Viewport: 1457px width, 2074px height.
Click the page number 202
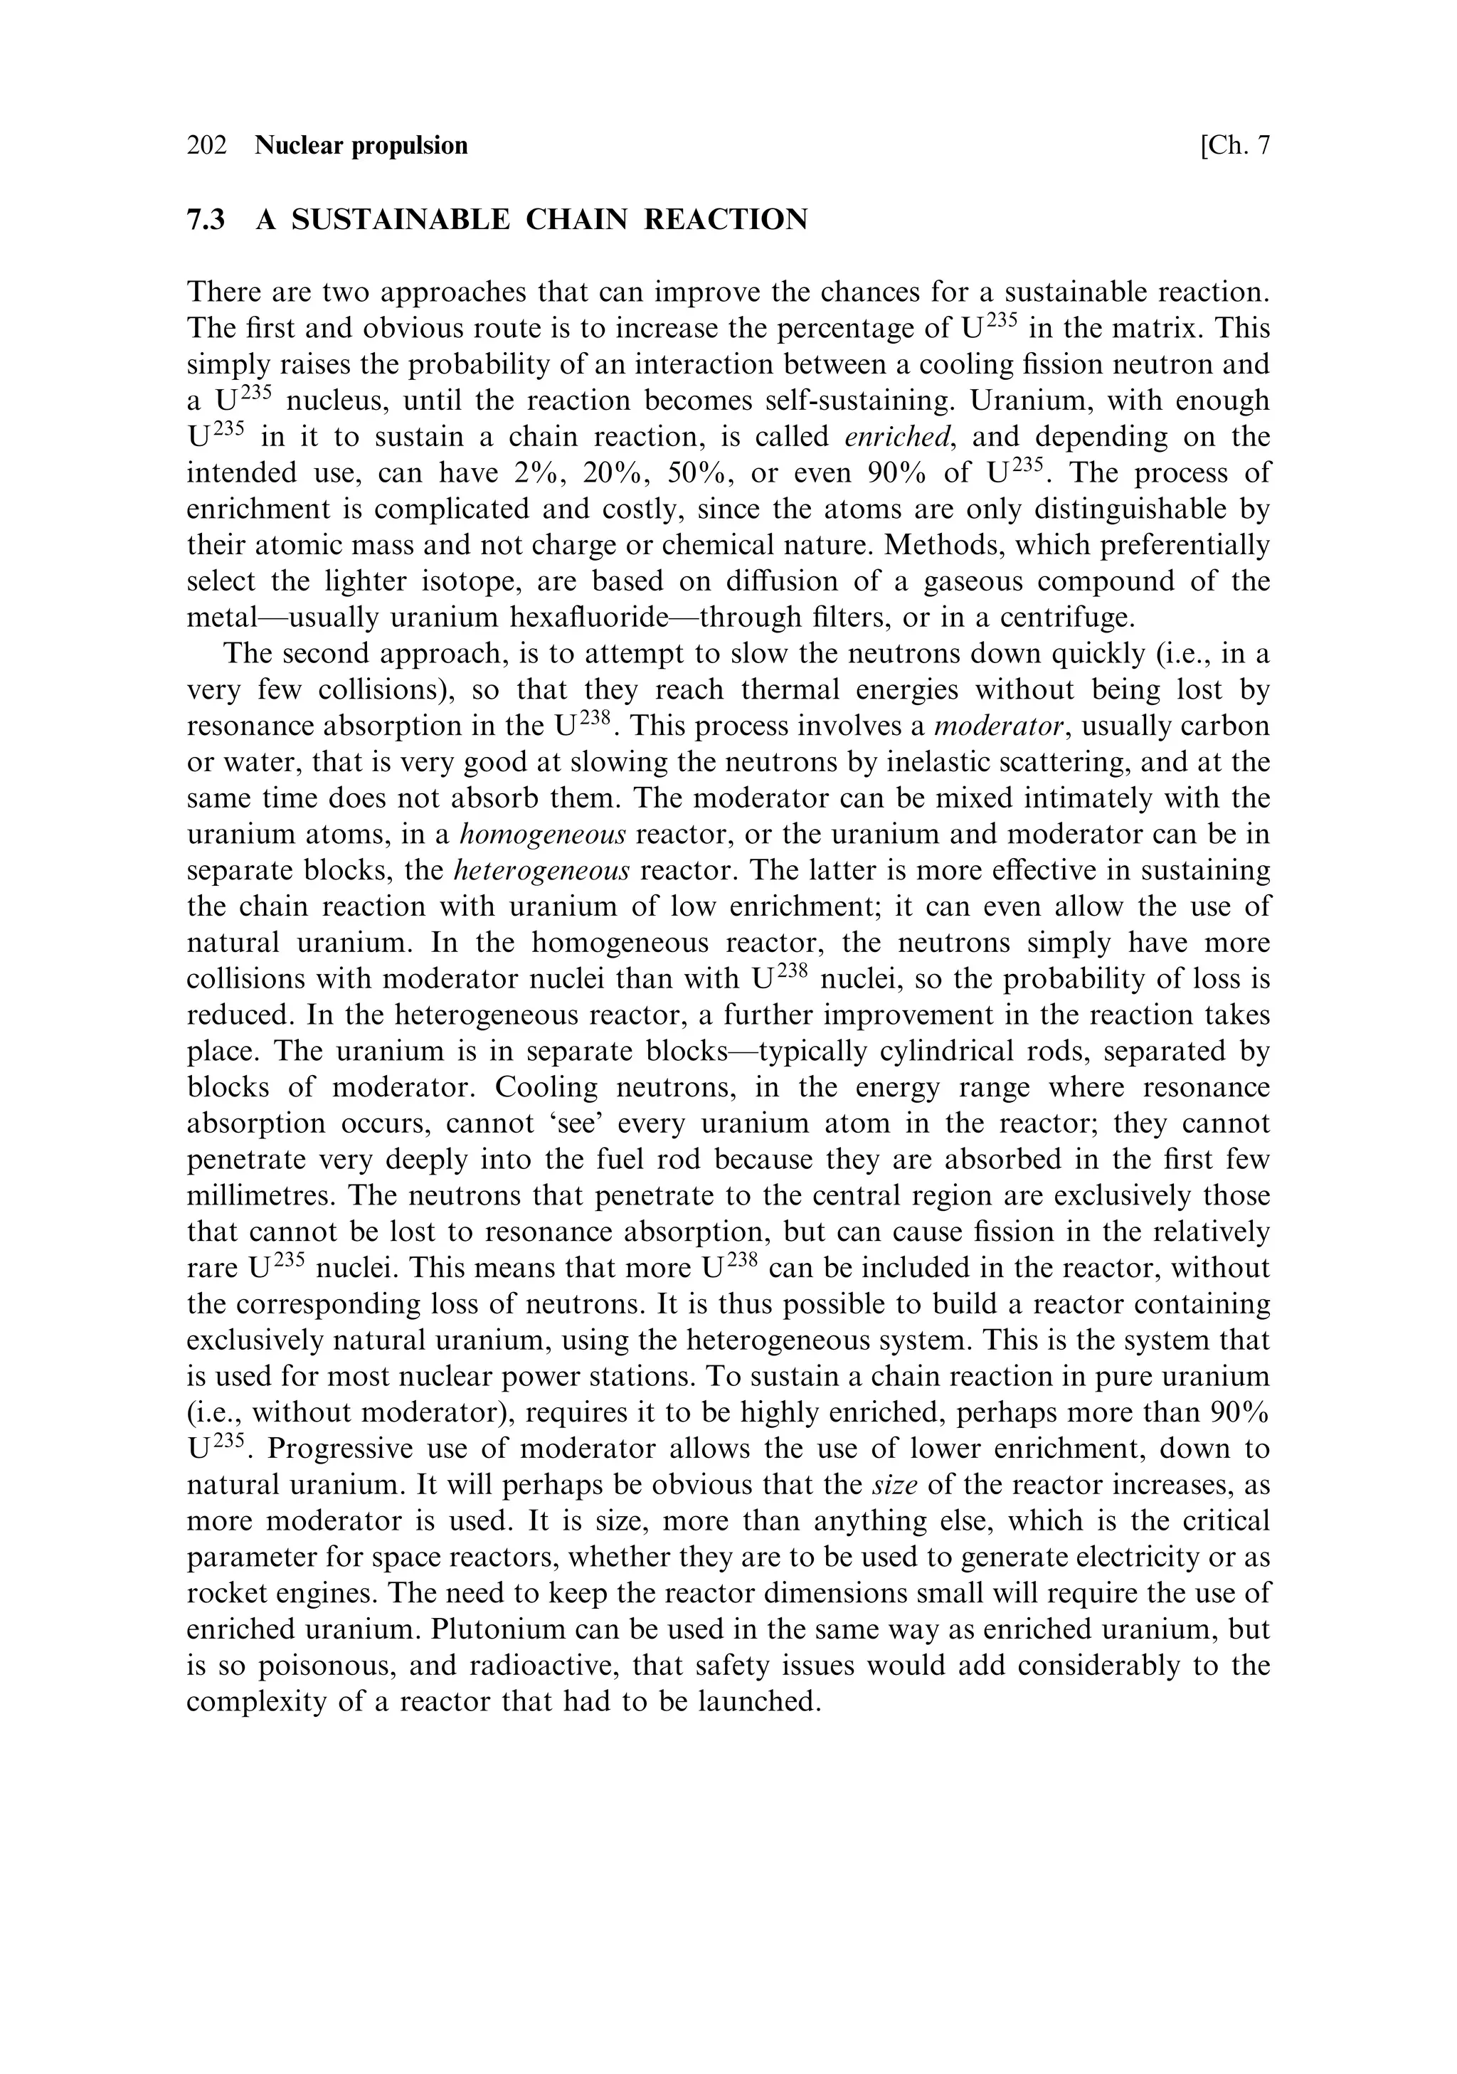(x=207, y=145)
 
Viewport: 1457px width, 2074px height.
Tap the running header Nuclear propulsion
(x=361, y=145)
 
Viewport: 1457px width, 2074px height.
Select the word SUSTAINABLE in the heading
(x=400, y=220)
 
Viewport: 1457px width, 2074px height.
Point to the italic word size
(x=895, y=1485)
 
